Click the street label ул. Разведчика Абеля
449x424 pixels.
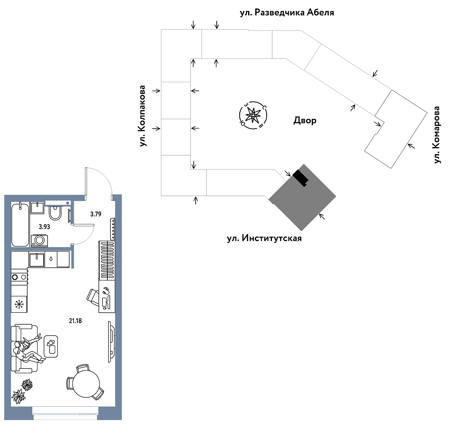[287, 13]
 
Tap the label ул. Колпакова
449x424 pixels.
[143, 115]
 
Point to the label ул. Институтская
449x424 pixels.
[264, 238]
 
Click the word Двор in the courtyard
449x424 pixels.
[305, 121]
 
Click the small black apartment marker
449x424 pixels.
[301, 177]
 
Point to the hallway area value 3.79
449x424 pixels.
[96, 215]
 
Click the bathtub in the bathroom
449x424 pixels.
[20, 224]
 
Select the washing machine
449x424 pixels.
[40, 240]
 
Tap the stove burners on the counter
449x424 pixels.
[19, 277]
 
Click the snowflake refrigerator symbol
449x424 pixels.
[19, 304]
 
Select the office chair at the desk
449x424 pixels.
[93, 296]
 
